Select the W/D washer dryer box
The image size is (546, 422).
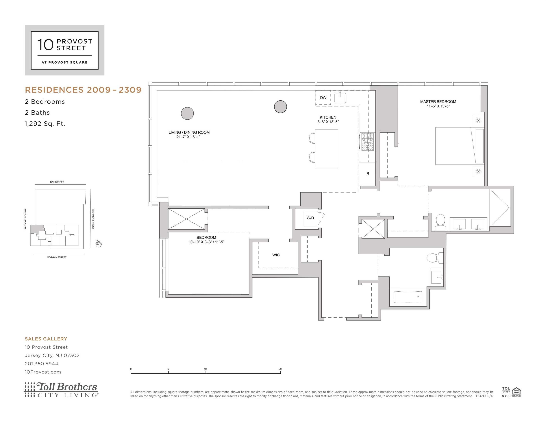tap(310, 218)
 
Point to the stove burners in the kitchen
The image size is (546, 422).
tap(367, 142)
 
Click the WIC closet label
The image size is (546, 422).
tap(276, 255)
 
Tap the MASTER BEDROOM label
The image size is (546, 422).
tap(438, 101)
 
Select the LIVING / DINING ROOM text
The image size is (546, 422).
tap(189, 132)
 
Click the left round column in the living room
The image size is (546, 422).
tap(187, 114)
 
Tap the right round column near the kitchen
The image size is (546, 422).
tap(280, 107)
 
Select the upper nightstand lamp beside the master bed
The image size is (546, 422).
tap(478, 121)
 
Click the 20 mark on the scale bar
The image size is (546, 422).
tap(280, 369)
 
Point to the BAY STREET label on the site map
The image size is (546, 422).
tap(57, 182)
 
